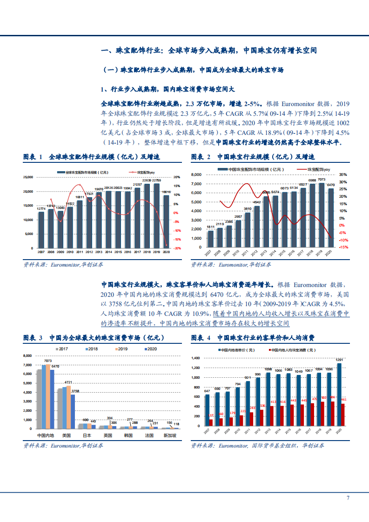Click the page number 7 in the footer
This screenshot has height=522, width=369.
pyautogui.click(x=348, y=498)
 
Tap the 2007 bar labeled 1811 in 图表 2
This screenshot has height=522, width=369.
pyautogui.click(x=210, y=239)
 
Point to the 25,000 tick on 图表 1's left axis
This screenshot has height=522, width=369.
pyautogui.click(x=27, y=177)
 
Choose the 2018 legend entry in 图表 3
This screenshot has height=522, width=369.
pyautogui.click(x=90, y=348)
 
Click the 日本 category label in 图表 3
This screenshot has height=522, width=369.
pyautogui.click(x=87, y=435)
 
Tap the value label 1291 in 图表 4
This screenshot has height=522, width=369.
pyautogui.click(x=339, y=360)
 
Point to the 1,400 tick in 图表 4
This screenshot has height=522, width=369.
pyautogui.click(x=195, y=358)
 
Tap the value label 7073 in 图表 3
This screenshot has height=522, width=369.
pyautogui.click(x=47, y=361)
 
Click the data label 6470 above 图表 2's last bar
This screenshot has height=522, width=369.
pyautogui.click(x=330, y=185)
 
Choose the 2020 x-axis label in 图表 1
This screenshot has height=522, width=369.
pyautogui.click(x=167, y=252)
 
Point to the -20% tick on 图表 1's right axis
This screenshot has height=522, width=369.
pyautogui.click(x=177, y=248)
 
